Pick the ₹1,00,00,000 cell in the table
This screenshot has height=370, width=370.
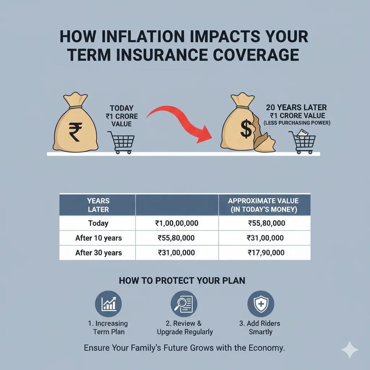coord(176,223)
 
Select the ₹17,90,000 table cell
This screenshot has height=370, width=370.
coord(266,253)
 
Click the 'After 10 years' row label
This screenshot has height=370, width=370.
coord(98,238)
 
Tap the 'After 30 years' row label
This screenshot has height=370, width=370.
coord(98,253)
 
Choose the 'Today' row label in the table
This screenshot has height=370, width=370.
coord(98,223)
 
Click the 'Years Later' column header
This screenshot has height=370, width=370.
coord(98,205)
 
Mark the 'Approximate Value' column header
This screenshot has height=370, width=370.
coord(263,205)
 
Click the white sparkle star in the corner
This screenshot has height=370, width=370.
coord(349,349)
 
